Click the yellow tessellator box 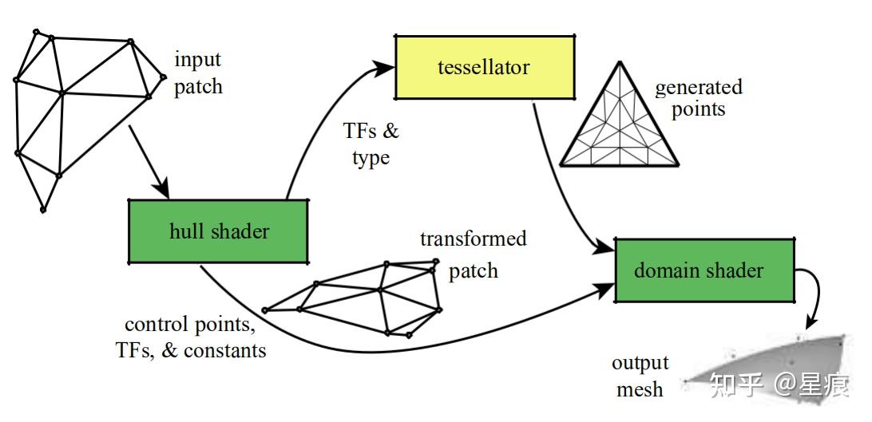[485, 67]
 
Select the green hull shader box [218, 231]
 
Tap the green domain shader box [704, 270]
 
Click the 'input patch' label [198, 73]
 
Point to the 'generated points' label [699, 97]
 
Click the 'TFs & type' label [371, 144]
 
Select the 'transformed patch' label [474, 254]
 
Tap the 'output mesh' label [640, 377]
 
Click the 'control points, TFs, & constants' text [191, 337]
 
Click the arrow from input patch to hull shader [149, 161]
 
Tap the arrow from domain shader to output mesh [813, 294]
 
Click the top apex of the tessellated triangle [620, 61]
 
